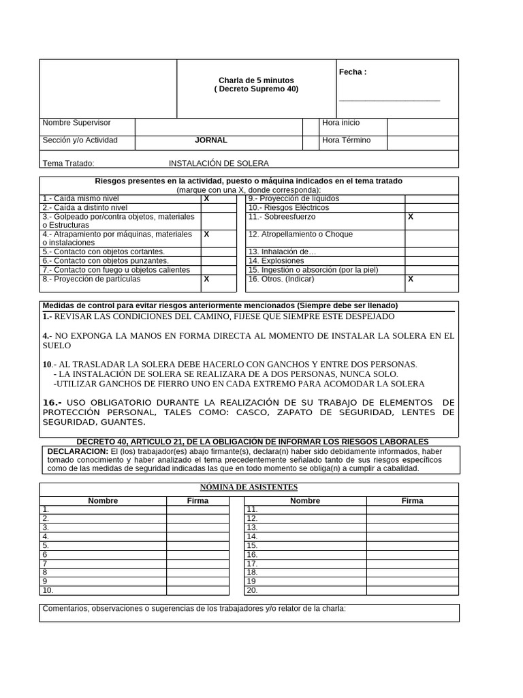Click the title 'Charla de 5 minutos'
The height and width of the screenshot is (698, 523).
point(256,80)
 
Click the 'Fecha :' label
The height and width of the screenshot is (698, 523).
point(353,72)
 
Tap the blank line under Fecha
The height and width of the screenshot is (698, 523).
point(390,100)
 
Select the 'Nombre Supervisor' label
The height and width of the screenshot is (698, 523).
point(76,123)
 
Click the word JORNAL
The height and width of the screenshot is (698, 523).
point(211,140)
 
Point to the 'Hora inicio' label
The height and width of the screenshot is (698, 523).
point(341,123)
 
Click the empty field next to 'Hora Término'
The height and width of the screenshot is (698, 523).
point(422,141)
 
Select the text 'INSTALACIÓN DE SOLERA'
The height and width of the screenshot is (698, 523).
point(219,164)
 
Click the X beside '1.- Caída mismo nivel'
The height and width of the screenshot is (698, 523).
point(206,198)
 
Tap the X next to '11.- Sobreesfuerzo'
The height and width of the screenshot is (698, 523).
point(411,216)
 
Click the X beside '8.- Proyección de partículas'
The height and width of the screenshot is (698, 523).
point(206,279)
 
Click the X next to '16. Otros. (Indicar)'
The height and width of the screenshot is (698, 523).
point(411,279)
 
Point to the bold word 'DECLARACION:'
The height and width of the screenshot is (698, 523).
point(78,451)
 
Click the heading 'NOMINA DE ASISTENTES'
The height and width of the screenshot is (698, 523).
point(248,487)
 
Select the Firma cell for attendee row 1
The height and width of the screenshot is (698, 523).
point(197,509)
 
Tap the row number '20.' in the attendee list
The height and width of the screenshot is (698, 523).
point(252,590)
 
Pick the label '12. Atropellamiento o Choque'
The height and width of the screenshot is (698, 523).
point(300,234)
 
